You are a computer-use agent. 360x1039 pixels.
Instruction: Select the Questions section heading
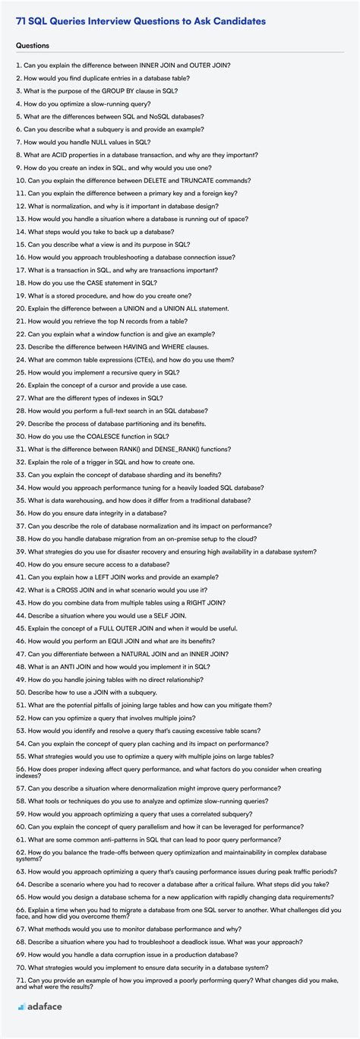tap(33, 46)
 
